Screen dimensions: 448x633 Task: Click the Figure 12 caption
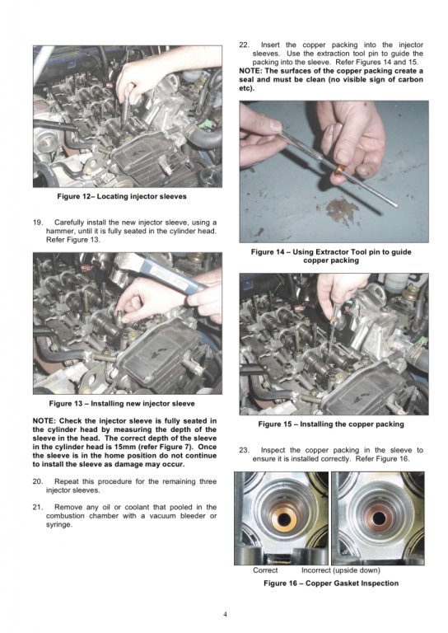122,197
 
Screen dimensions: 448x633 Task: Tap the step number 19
38,223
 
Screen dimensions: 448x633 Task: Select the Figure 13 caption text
122,404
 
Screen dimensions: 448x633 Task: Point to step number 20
38,481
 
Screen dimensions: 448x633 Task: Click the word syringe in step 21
58,525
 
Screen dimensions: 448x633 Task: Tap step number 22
244,45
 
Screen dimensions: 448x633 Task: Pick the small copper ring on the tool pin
341,169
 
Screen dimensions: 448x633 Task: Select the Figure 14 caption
331,256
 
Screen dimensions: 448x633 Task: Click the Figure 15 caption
331,424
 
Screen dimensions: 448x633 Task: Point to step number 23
244,450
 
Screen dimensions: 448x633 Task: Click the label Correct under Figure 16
265,570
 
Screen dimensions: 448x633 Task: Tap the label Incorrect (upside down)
341,570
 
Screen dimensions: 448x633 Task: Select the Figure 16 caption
331,584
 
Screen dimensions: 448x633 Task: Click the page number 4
225,615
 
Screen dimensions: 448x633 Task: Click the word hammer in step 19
58,232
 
